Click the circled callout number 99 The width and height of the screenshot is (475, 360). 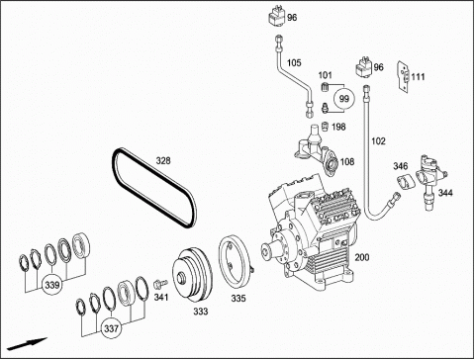pos(343,99)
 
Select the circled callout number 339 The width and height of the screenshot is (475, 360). pos(52,285)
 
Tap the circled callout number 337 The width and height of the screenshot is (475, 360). pos(112,328)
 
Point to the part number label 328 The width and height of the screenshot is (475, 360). pos(163,161)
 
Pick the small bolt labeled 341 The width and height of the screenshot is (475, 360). pos(160,284)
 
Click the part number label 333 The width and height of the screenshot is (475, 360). pos(201,312)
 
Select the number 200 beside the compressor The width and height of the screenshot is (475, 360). pos(362,257)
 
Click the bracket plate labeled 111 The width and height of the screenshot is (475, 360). pos(404,76)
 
